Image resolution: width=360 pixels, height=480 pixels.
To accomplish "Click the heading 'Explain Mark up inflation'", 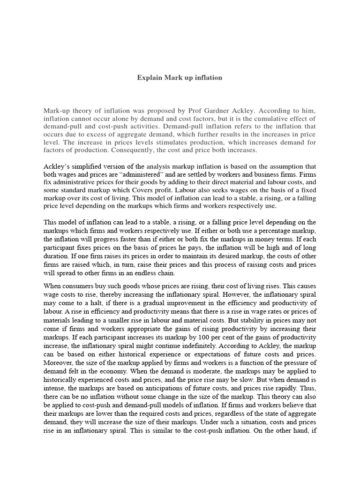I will (180, 77).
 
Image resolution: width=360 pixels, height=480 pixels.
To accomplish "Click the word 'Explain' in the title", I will (149, 77).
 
